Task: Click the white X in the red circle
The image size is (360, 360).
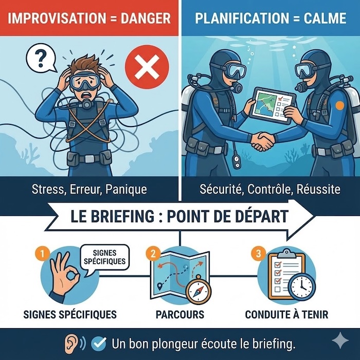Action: (x=147, y=66)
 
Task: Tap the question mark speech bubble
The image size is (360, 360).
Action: (x=41, y=59)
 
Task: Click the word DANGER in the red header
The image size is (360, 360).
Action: (x=146, y=19)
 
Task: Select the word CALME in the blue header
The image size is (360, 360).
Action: (x=325, y=18)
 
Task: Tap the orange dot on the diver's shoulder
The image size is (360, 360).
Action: (x=340, y=106)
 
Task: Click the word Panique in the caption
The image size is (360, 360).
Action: (x=126, y=190)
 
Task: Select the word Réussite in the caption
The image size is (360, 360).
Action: (x=318, y=189)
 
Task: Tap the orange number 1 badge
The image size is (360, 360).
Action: (x=42, y=254)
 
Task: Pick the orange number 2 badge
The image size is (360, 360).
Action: (x=153, y=254)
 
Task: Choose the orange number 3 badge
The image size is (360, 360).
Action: (x=259, y=254)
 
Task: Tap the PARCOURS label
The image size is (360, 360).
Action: (x=180, y=314)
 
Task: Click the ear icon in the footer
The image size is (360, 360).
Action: (x=71, y=344)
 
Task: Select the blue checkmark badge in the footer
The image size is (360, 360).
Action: (x=99, y=344)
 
